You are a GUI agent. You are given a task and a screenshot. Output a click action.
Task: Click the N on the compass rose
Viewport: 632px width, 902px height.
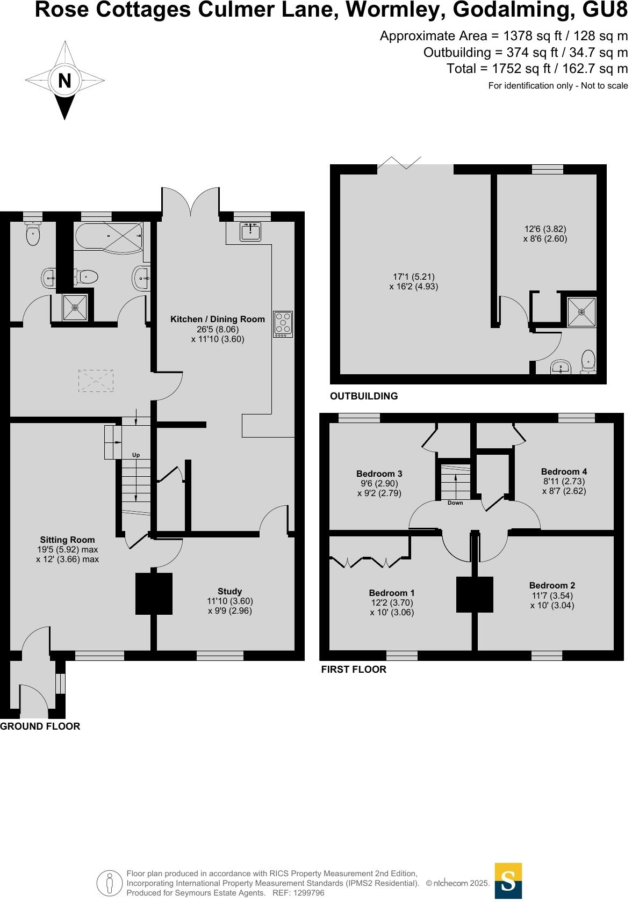tap(64, 81)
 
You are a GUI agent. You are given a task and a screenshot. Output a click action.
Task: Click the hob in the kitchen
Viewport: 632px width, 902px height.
tap(283, 324)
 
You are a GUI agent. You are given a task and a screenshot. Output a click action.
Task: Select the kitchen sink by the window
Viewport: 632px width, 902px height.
tap(250, 231)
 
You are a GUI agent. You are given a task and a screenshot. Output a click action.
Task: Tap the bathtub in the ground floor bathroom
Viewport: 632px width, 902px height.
tap(108, 237)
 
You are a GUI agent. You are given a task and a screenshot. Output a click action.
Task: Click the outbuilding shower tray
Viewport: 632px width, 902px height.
tap(581, 312)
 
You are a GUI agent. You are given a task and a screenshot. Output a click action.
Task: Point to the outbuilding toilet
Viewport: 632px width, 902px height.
tap(589, 361)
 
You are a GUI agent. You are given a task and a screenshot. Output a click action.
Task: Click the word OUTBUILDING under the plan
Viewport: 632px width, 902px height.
tap(364, 397)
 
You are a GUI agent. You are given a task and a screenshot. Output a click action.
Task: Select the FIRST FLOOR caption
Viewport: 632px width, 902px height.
tap(354, 670)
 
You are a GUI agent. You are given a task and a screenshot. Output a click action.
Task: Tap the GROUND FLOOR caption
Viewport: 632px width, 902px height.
tap(40, 727)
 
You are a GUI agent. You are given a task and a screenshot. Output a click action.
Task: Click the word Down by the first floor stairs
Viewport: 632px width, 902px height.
tap(455, 504)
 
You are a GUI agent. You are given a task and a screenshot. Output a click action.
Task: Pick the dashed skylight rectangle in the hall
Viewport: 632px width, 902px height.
tap(96, 381)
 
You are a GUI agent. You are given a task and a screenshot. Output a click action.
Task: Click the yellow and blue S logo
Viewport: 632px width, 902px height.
tap(508, 881)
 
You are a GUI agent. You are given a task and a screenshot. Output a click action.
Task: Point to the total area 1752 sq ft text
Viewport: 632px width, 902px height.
tap(537, 69)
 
